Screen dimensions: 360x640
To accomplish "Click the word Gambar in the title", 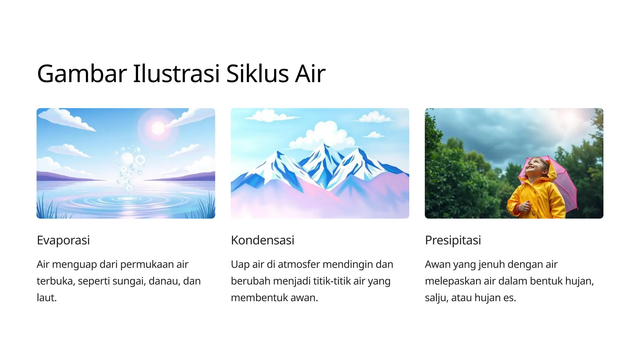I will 82,74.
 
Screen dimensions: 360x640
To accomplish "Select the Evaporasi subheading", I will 63,240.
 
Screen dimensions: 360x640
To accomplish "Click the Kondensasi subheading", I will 262,240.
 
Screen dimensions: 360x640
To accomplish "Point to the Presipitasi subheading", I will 453,240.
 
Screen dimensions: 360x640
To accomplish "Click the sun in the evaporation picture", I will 158,128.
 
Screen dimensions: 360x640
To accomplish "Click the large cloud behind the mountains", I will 325,133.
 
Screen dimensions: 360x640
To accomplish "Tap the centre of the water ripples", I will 127,199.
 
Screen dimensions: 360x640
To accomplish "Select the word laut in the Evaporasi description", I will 46,297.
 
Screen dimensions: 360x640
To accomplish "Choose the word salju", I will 436,297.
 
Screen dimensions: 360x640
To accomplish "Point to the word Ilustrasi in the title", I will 176,74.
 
